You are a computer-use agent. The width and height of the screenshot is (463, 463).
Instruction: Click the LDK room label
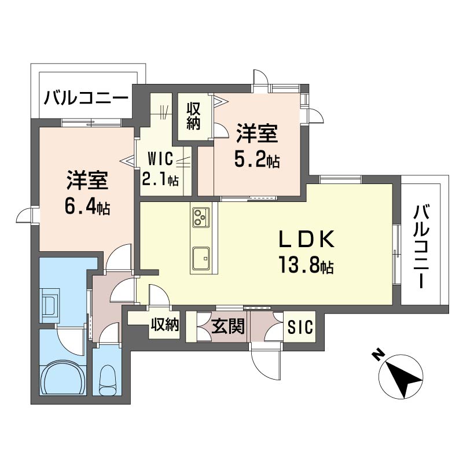point(307,239)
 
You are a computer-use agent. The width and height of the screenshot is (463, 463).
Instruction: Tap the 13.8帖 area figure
point(306,264)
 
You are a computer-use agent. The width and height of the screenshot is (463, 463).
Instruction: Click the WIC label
point(160,159)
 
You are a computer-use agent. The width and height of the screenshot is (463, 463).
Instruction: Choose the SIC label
point(300,327)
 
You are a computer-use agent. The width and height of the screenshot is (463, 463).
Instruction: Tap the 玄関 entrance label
point(227,326)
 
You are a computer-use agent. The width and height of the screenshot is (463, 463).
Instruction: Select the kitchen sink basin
point(201,258)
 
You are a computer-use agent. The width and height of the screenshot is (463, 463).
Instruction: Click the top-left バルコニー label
point(86,98)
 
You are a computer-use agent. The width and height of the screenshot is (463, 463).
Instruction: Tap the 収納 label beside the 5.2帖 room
point(193,116)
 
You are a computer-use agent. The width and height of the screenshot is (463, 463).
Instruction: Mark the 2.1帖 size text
point(160,178)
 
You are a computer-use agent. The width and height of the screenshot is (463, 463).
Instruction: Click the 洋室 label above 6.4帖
point(87,180)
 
